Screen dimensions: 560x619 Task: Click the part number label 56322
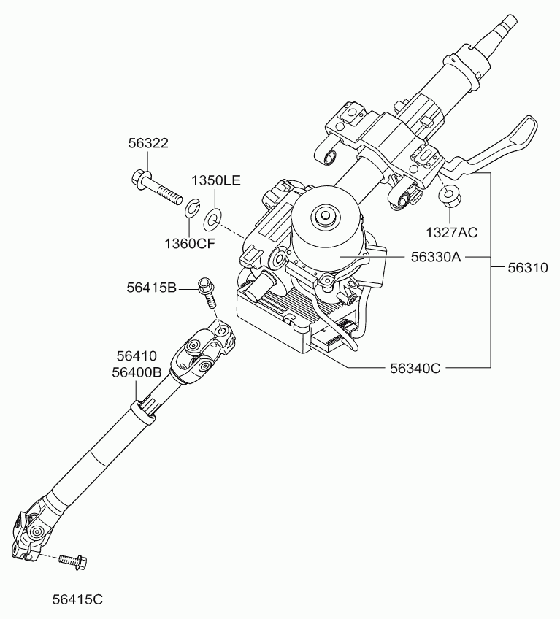[148, 143]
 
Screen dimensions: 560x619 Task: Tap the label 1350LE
[216, 180]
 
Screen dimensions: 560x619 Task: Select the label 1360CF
[190, 244]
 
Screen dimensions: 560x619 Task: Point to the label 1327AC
[452, 233]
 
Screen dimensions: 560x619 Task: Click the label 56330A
[436, 257]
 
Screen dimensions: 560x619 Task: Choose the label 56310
[528, 268]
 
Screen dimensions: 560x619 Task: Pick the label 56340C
[415, 369]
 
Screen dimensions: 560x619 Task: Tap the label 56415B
[152, 288]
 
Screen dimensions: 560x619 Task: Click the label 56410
[137, 355]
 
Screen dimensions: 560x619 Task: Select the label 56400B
[137, 372]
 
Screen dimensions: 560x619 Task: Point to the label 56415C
[77, 599]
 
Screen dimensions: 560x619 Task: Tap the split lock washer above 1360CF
[193, 208]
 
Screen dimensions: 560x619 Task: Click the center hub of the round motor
[326, 215]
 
